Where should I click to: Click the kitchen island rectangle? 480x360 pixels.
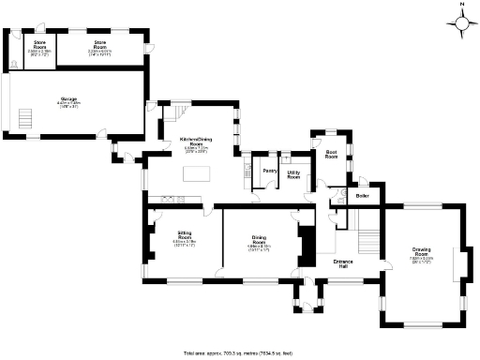[x=195, y=172]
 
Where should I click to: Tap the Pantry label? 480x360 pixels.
[x=268, y=171]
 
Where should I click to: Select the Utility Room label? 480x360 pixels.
[x=293, y=174]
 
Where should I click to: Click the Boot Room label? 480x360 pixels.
[x=331, y=154]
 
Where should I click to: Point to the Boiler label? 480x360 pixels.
[x=362, y=196]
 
